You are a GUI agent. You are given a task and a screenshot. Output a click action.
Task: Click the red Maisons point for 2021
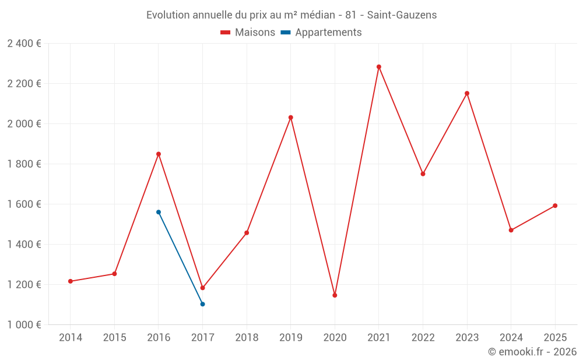379,67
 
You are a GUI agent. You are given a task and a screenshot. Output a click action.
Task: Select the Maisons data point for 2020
335,295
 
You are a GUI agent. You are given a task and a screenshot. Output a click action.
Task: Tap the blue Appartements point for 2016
159,212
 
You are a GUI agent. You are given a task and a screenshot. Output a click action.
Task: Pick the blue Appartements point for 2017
202,304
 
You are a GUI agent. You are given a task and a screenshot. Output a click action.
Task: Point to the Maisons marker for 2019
291,118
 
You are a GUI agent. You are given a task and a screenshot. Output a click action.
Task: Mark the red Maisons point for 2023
467,93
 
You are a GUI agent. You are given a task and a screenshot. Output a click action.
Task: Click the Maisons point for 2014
71,281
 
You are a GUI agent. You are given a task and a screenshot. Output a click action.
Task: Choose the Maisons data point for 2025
555,206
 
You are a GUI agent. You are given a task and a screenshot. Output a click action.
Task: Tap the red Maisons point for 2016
159,154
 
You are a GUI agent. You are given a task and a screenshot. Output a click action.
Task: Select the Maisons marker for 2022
423,174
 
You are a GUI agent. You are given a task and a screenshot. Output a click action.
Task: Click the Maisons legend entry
248,33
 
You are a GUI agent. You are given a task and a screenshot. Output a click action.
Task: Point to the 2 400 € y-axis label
24,44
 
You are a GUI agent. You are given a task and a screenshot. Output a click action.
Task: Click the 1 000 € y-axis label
24,325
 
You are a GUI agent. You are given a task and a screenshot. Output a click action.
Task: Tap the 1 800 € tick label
24,164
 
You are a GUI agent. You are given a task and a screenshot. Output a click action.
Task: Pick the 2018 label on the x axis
247,338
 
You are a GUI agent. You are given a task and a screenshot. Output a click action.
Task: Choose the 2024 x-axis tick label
511,338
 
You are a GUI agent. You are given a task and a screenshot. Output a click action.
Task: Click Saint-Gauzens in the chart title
402,15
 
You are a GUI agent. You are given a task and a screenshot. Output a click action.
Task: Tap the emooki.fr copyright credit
532,352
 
